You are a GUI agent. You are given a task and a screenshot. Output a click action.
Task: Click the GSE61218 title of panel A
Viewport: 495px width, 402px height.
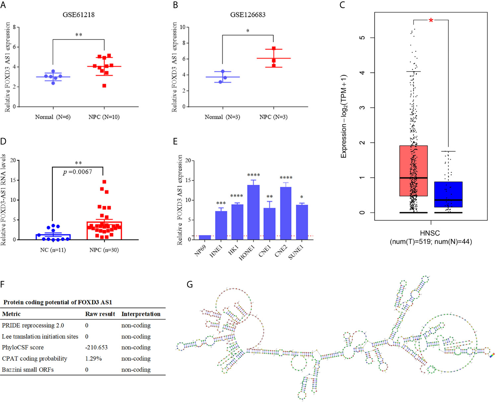click(79, 15)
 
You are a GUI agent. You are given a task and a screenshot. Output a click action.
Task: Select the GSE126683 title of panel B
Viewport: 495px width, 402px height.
click(248, 15)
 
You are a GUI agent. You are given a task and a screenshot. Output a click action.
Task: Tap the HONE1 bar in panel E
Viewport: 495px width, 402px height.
click(253, 212)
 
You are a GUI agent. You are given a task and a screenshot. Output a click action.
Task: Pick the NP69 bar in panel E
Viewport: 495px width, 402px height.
click(205, 237)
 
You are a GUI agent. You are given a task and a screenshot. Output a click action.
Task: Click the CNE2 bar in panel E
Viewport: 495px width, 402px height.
click(286, 213)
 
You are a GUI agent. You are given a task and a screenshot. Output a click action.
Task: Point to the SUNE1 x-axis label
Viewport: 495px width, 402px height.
click(296, 253)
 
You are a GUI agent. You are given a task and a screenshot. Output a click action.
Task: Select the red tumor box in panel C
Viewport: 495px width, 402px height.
click(413, 171)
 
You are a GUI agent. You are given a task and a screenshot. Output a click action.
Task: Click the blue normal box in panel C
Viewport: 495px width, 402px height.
click(448, 194)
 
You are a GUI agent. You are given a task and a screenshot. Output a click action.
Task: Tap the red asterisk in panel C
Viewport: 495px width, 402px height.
click(431, 21)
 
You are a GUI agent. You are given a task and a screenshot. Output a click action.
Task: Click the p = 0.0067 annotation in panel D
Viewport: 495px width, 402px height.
click(78, 172)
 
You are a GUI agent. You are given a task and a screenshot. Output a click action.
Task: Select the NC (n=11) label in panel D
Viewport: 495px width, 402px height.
click(53, 250)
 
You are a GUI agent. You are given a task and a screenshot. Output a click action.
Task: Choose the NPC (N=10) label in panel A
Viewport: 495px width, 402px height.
click(104, 117)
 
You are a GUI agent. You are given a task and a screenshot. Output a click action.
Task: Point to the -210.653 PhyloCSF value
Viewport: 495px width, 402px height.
click(96, 347)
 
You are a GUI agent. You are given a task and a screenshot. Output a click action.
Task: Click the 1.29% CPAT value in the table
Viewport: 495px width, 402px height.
click(93, 359)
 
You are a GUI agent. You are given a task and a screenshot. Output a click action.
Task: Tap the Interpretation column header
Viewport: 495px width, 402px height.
click(141, 314)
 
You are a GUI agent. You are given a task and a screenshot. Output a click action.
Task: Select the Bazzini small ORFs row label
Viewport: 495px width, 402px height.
click(28, 370)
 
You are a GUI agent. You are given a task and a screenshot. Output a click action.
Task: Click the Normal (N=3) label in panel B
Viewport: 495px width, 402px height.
click(222, 117)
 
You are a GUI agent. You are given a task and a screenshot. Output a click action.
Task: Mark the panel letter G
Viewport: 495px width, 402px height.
click(190, 284)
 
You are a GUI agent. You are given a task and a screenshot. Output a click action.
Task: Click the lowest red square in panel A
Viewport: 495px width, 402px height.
click(104, 86)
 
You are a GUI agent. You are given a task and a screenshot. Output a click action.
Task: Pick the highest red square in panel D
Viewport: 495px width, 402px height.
click(104, 182)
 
